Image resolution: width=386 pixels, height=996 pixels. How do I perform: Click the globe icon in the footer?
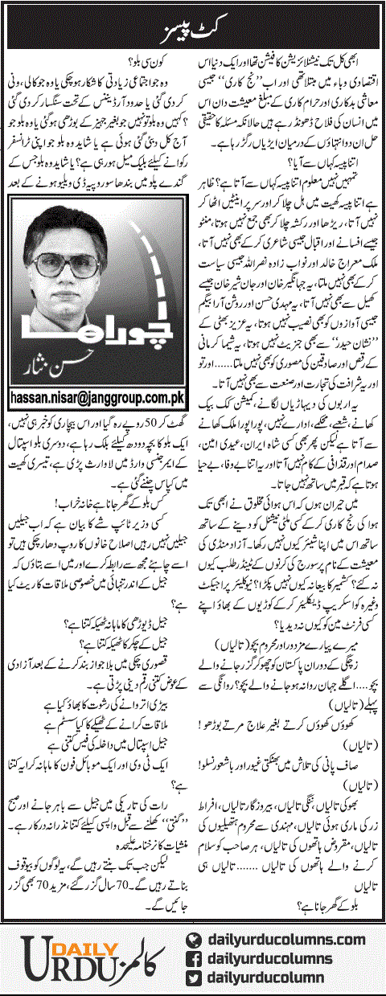(x=192, y=938)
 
